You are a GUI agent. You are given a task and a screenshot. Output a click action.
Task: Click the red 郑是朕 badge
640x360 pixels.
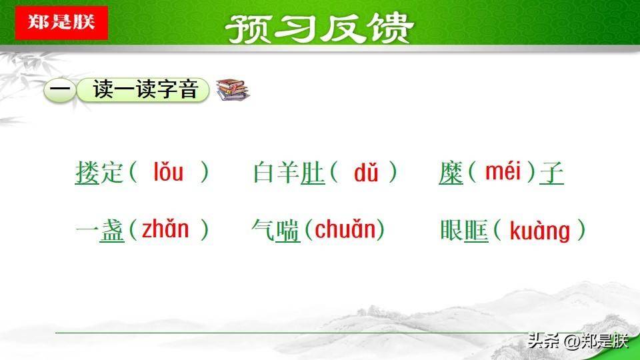click(x=61, y=23)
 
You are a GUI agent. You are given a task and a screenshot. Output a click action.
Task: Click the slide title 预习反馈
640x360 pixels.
click(x=319, y=28)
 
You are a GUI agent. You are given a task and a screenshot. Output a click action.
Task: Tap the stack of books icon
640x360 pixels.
click(x=233, y=89)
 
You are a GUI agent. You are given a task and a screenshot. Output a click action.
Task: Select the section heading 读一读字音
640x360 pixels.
click(x=146, y=89)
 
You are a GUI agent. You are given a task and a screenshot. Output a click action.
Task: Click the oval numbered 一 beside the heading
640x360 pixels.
click(x=59, y=90)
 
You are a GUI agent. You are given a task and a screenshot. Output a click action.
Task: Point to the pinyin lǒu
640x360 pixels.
click(x=168, y=172)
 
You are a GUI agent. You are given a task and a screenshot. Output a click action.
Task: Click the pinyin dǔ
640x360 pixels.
click(x=366, y=172)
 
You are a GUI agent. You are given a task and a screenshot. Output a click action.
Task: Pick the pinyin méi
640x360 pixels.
click(x=503, y=171)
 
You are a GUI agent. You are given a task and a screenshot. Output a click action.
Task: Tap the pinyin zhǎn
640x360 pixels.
click(x=165, y=229)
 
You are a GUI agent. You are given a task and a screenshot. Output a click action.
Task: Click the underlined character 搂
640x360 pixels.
click(x=87, y=172)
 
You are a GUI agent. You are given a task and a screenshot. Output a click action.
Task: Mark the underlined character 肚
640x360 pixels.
click(x=313, y=172)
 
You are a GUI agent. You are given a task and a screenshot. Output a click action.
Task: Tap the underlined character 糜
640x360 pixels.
click(x=451, y=172)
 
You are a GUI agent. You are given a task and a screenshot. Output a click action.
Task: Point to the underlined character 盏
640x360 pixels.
click(x=112, y=230)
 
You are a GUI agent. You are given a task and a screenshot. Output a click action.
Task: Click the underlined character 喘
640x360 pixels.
click(x=288, y=230)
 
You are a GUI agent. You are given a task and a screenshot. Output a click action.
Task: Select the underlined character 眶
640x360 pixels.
click(x=476, y=230)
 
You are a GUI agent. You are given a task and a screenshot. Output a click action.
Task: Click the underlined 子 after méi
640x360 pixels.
click(x=551, y=172)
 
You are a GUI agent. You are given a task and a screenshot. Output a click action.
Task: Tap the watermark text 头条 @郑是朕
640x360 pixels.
click(x=578, y=341)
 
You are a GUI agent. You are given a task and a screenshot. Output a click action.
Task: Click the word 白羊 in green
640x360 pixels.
click(x=277, y=172)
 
